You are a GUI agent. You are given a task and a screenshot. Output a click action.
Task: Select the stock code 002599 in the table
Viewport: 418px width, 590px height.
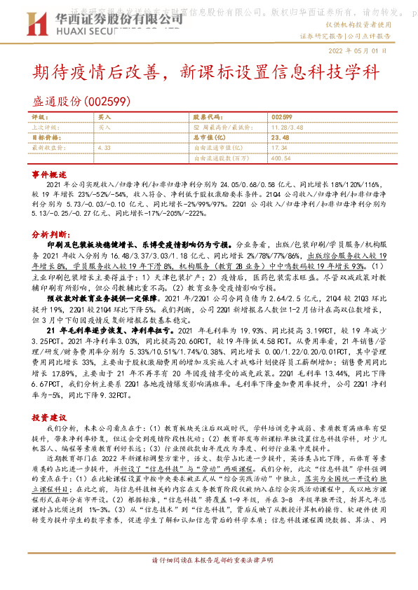click(281, 116)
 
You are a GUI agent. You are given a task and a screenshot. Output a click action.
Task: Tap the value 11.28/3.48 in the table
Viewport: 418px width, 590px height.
click(287, 128)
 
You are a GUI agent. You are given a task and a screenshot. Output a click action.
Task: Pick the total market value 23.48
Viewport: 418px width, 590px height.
click(280, 138)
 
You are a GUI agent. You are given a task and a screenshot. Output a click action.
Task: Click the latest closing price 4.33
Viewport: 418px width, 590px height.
click(104, 148)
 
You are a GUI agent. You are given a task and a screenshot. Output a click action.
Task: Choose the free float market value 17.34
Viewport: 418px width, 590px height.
click(278, 148)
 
